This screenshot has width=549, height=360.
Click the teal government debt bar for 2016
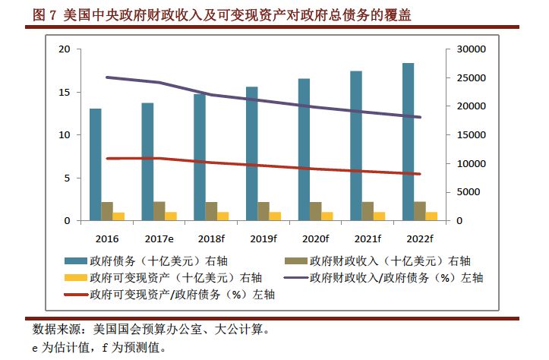95,164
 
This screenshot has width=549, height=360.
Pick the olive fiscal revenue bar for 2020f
316,211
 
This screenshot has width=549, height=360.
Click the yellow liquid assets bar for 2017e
171,216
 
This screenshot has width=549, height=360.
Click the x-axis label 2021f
368,238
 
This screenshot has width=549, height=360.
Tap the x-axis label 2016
107,238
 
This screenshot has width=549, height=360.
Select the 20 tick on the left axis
65,49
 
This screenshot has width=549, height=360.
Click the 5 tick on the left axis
68,178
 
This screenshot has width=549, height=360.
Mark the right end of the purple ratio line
420,117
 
